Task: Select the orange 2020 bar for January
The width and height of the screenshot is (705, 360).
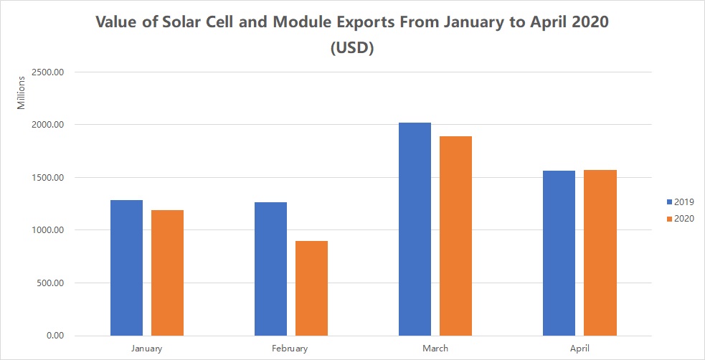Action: tap(167, 273)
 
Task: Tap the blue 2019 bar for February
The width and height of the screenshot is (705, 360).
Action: tap(270, 269)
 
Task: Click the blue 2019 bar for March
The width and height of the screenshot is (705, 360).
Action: tap(415, 229)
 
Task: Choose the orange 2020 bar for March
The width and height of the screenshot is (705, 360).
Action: tap(455, 236)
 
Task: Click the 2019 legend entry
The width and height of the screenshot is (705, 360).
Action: tap(681, 202)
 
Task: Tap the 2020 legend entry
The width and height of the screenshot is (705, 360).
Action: tap(681, 218)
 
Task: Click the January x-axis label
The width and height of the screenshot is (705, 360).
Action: tap(147, 349)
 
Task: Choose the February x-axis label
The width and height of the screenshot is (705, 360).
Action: tap(290, 349)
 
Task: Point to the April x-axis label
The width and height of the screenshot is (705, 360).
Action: tap(579, 349)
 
